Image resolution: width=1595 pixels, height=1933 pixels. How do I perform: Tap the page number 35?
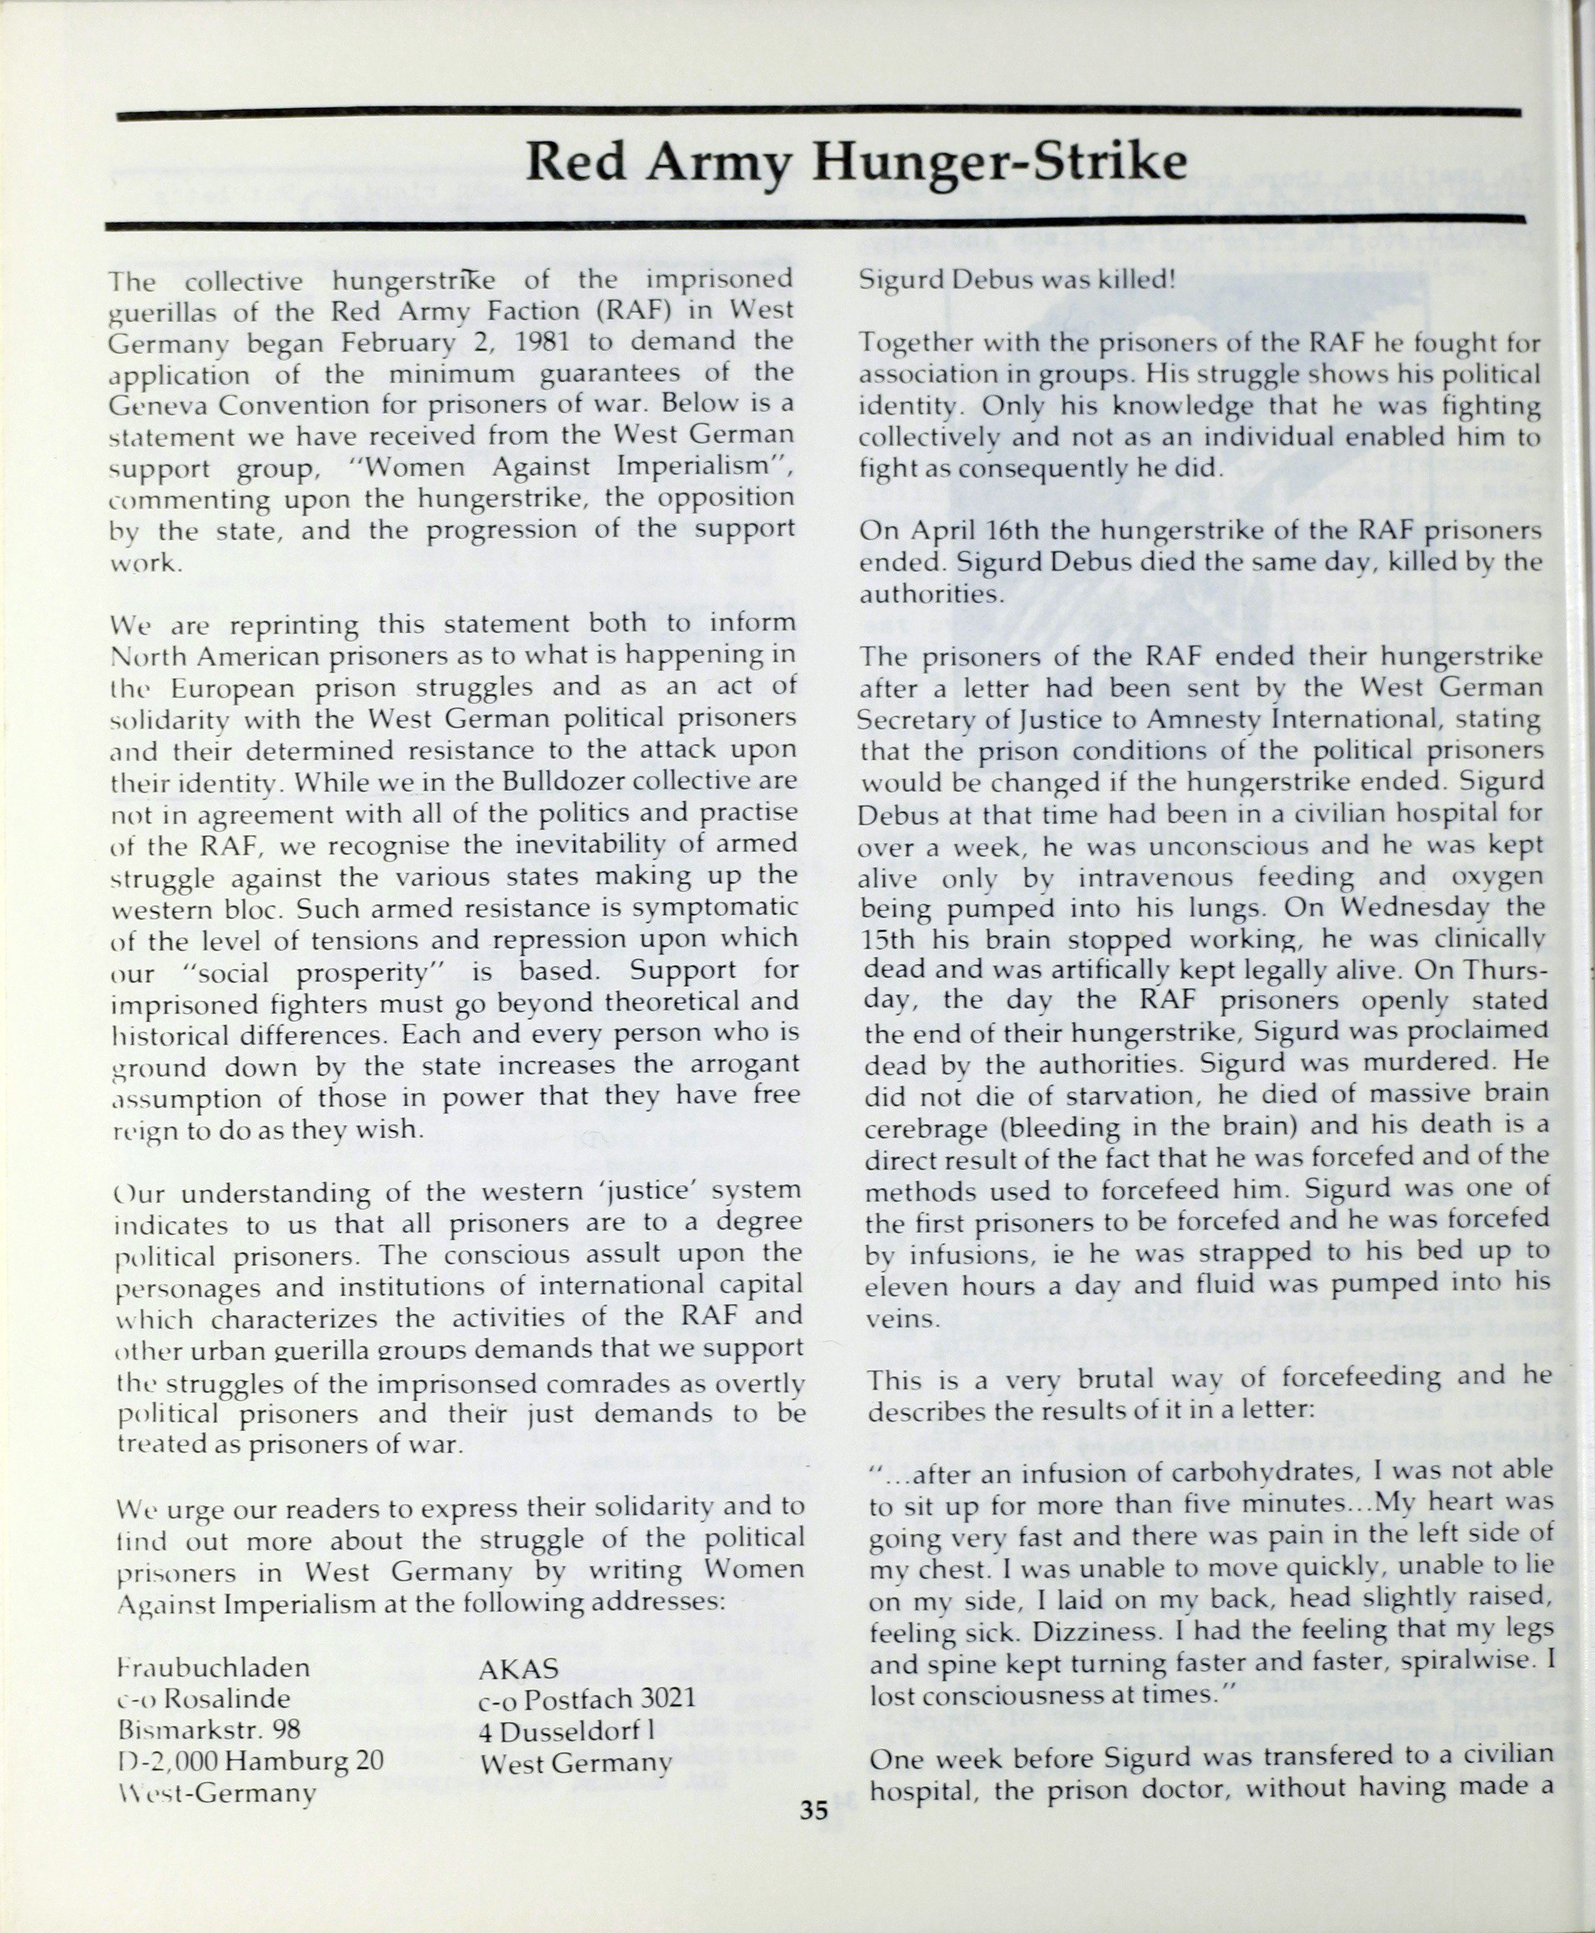tap(813, 1811)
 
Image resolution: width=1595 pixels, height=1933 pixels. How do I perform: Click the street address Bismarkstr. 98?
tap(209, 1729)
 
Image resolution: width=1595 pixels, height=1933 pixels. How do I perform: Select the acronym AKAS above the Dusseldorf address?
tap(519, 1668)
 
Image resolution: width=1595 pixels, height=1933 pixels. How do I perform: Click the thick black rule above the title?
tap(818, 113)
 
